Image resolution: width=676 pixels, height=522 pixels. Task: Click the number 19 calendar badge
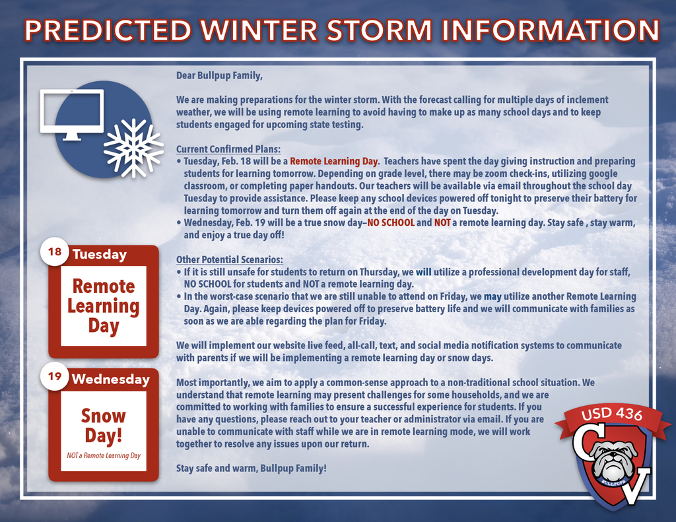[x=55, y=377]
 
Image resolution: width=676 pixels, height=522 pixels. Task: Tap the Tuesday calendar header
[x=100, y=255]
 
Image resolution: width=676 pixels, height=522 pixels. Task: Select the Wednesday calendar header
[x=110, y=379]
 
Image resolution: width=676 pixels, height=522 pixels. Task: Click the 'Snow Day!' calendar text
[x=104, y=426]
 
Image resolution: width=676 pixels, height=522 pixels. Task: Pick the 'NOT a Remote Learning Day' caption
[x=104, y=455]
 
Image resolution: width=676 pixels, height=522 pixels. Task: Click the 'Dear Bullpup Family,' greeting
[x=219, y=76]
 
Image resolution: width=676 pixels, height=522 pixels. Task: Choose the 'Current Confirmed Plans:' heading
[x=228, y=149]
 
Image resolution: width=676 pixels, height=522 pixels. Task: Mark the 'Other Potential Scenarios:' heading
[x=230, y=259]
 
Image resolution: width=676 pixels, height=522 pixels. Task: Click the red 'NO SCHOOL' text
[x=391, y=223]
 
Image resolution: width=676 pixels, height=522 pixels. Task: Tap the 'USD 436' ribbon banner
[x=611, y=414]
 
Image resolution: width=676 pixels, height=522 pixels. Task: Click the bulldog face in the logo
[x=614, y=460]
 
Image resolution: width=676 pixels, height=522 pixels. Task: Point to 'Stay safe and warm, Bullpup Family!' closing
[x=252, y=469]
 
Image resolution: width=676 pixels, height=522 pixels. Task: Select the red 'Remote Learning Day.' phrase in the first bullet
[x=334, y=162]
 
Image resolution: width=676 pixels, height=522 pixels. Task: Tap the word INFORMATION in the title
[x=551, y=30]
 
